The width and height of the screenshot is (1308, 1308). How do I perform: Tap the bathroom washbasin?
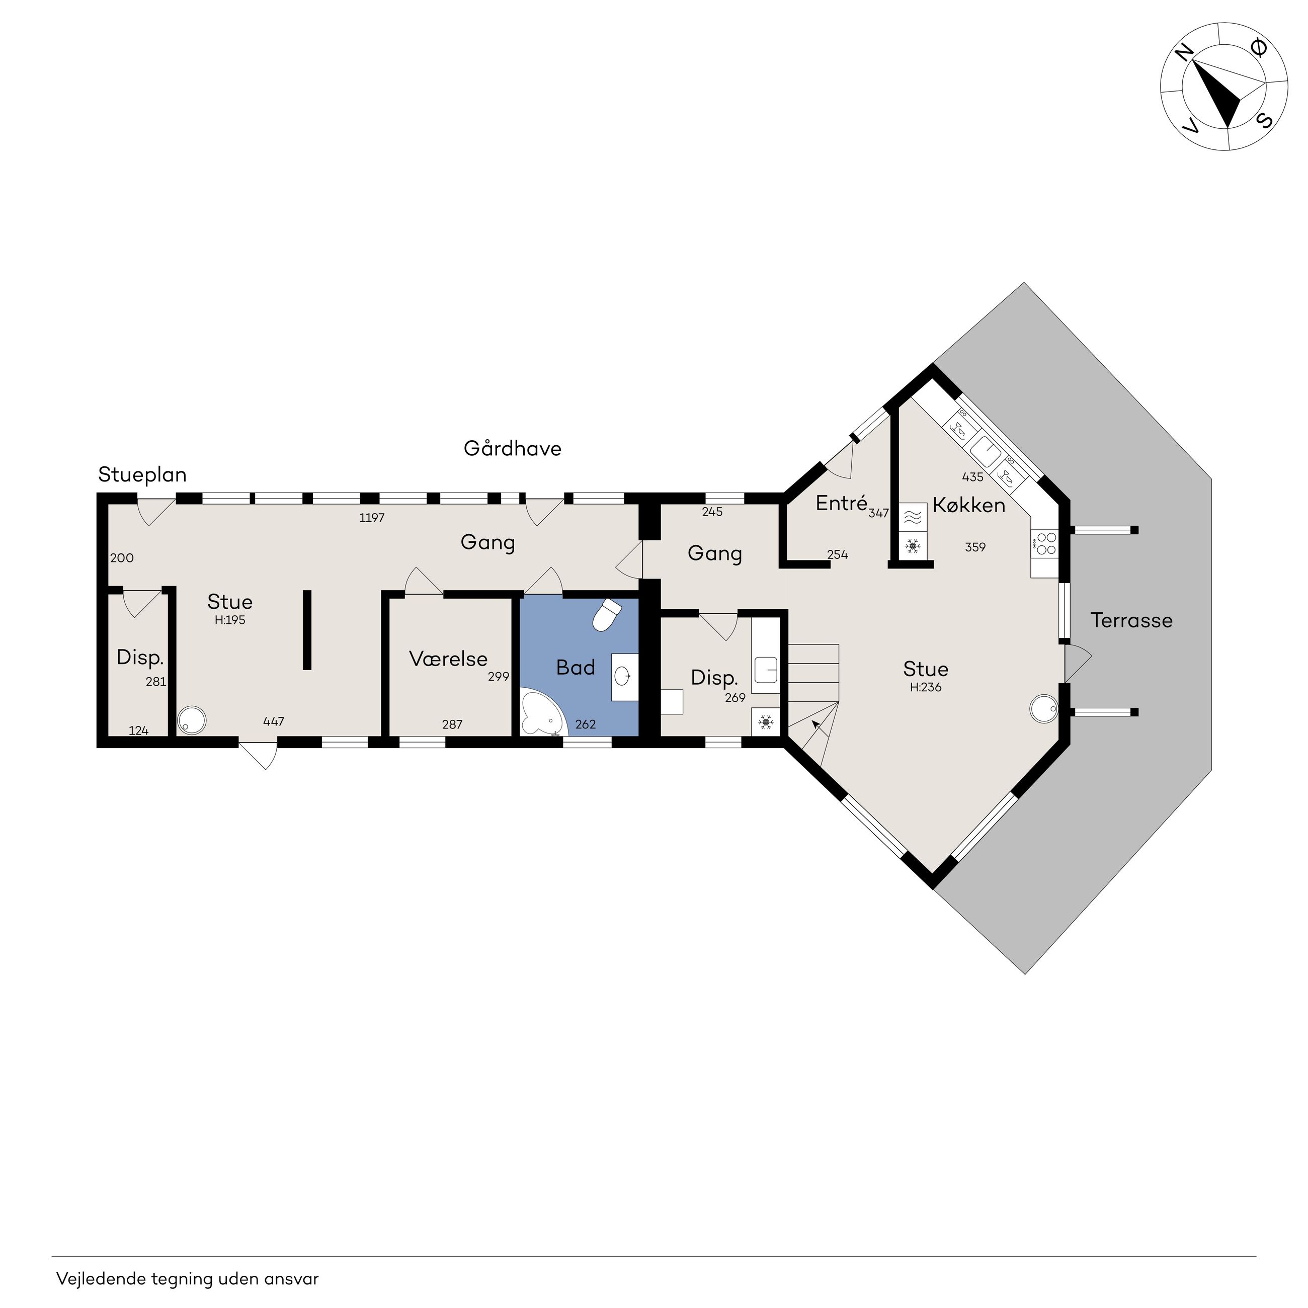[624, 676]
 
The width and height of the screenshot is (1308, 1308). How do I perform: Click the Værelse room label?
[448, 659]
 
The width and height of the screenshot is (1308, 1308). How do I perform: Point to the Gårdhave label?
[513, 449]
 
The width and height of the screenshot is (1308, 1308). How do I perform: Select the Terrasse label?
[1131, 620]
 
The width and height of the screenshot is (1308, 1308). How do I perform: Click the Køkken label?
[969, 505]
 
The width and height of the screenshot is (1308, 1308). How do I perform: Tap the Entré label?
[842, 503]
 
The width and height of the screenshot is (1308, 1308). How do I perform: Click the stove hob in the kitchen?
[1044, 544]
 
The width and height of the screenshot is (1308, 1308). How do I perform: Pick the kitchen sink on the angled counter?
[986, 449]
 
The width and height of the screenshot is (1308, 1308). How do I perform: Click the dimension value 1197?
[372, 518]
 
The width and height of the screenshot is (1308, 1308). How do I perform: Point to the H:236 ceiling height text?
[926, 687]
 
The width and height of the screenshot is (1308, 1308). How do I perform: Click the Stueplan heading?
[142, 474]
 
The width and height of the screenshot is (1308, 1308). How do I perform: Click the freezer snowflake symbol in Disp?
[766, 722]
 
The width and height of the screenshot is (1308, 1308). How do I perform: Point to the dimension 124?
[138, 730]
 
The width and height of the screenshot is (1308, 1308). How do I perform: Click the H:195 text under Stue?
[229, 620]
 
